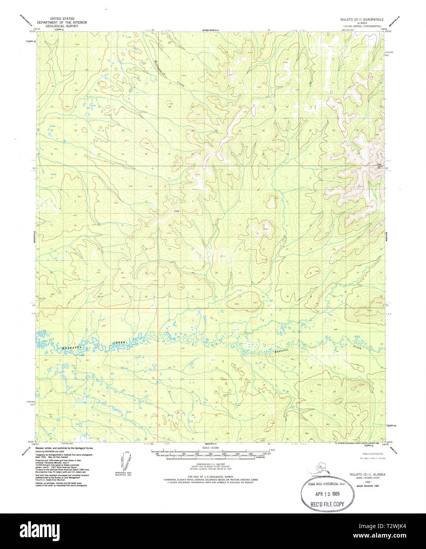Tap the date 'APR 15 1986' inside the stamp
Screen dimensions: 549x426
327,494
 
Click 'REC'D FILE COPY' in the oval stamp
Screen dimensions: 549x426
327,504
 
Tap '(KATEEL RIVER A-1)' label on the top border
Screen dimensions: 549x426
211,30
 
